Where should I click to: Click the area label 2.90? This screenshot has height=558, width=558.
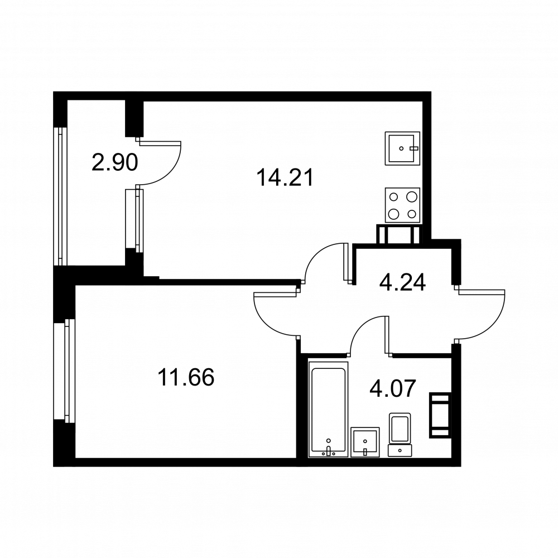(x=114, y=163)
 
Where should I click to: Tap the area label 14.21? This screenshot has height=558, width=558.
(x=285, y=177)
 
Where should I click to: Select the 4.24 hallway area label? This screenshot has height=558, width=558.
(x=402, y=283)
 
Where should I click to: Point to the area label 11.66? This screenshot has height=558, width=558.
(x=186, y=377)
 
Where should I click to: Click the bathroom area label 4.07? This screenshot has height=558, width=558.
(x=392, y=388)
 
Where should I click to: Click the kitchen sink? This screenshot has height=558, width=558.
(x=402, y=148)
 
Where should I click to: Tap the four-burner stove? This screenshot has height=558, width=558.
(x=402, y=205)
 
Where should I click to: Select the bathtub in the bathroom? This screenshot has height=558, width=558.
(x=328, y=409)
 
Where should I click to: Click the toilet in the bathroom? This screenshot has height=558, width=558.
(x=400, y=435)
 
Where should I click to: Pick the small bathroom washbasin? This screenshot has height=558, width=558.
(x=365, y=442)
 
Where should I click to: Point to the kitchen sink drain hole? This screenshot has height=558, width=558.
(x=401, y=148)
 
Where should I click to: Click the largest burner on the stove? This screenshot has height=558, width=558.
(x=393, y=214)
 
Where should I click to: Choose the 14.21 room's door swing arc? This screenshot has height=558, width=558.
(x=315, y=253)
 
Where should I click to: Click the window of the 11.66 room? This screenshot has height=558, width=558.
(x=64, y=371)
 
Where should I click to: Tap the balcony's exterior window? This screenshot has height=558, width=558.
(x=60, y=196)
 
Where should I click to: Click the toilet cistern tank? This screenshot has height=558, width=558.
(x=400, y=451)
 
